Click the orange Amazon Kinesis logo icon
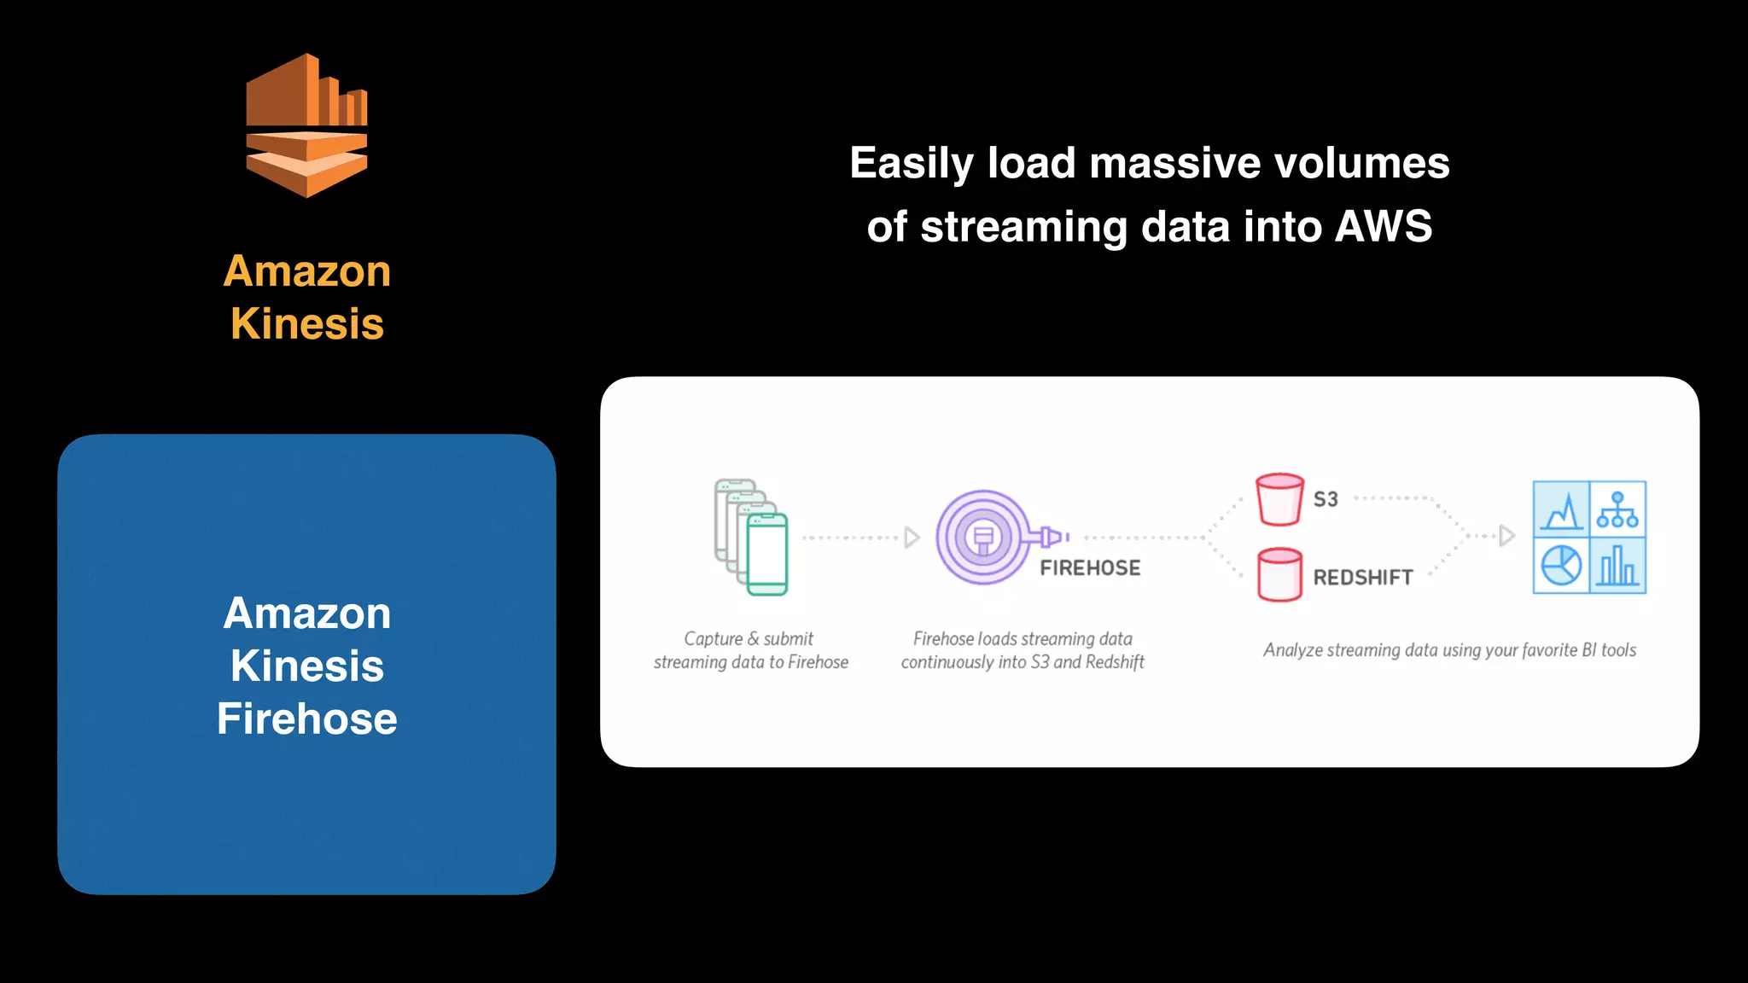coord(306,126)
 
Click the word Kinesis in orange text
coord(306,324)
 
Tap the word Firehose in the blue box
coord(306,718)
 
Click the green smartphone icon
coord(766,554)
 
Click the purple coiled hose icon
coord(984,537)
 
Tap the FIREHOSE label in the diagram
coord(1090,568)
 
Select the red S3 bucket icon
coord(1279,500)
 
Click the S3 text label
coord(1326,499)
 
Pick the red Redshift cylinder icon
coord(1279,575)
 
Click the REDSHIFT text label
coord(1363,578)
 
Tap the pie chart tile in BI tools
coord(1561,565)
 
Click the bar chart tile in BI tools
coord(1617,565)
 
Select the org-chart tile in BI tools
coord(1617,509)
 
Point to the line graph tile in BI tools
coord(1562,509)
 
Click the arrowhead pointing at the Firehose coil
coord(912,538)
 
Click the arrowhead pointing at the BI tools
coord(1506,536)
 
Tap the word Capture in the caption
coord(713,639)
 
